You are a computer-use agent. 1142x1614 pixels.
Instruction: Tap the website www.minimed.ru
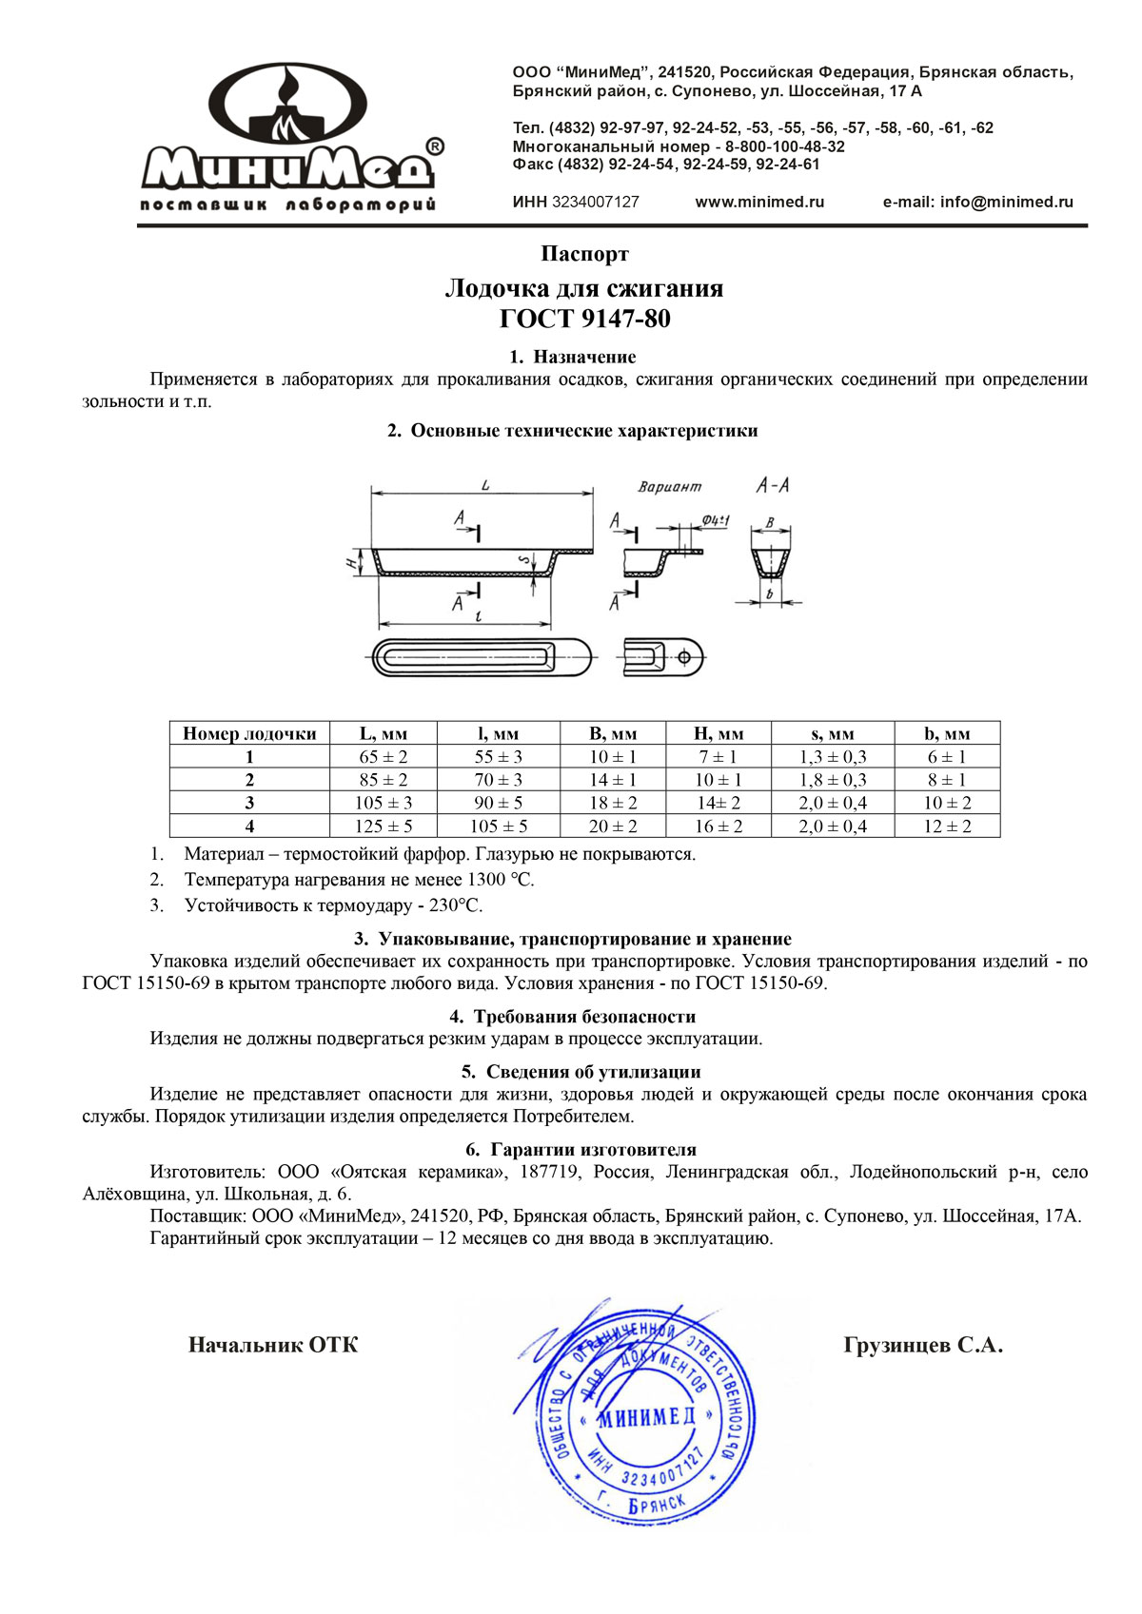[759, 202]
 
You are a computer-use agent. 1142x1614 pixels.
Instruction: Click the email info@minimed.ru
[977, 202]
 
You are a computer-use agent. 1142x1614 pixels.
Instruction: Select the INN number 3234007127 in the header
[595, 202]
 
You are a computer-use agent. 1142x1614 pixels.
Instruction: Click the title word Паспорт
[584, 254]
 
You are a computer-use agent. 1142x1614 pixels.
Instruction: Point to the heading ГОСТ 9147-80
[584, 319]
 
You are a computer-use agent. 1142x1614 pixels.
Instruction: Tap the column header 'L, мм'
[383, 733]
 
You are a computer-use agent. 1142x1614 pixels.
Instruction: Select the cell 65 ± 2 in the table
[383, 757]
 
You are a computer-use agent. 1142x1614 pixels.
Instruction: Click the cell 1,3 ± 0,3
[832, 757]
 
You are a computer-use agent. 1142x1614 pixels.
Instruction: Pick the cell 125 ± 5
[383, 826]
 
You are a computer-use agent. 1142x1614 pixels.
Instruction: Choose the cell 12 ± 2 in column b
[947, 826]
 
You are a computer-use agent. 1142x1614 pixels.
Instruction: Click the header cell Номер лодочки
[249, 733]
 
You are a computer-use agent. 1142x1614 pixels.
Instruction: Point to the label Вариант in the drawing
[669, 487]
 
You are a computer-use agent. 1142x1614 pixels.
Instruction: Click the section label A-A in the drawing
[772, 485]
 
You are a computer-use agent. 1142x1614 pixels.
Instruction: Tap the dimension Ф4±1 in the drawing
[715, 520]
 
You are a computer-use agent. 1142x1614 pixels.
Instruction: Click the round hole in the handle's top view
[683, 656]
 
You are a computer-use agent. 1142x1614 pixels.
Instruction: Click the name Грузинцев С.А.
[922, 1345]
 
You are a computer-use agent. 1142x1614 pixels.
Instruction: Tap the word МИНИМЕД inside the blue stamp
[646, 1417]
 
